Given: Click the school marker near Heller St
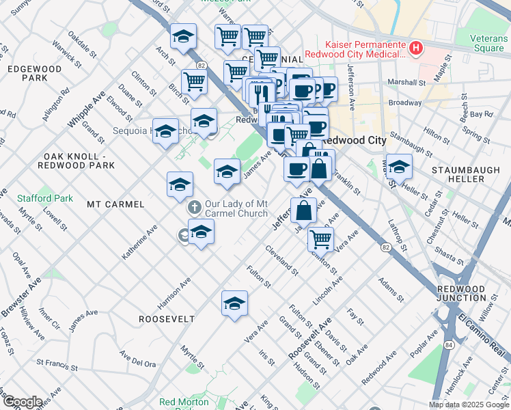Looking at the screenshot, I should [399, 166].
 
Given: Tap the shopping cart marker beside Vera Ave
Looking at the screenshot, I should [320, 238].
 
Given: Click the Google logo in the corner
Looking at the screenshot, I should [23, 402].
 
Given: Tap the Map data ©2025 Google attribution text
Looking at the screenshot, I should [468, 405].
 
